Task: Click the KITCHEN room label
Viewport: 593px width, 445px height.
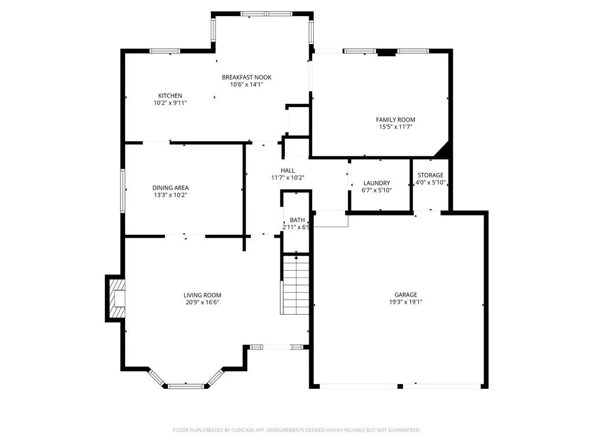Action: [170, 96]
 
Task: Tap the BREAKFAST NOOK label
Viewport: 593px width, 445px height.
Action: [247, 77]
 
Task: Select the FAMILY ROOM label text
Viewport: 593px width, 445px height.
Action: [395, 119]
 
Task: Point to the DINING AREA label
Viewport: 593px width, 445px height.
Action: [170, 188]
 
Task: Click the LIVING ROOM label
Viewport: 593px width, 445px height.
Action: [202, 295]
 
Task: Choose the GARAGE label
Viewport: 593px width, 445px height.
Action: [405, 294]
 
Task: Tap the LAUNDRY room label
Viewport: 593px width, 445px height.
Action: [376, 183]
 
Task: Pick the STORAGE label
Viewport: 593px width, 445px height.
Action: [430, 175]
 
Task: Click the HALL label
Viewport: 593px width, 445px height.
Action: [287, 171]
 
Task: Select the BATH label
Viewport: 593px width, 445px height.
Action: [297, 220]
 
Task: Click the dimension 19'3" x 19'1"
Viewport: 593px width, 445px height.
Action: [405, 302]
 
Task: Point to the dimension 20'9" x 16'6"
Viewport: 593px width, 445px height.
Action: [202, 302]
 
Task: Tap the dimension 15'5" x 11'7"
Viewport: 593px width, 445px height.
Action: [395, 127]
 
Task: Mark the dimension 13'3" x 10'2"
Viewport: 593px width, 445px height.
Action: [170, 195]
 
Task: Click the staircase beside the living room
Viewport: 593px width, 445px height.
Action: [295, 284]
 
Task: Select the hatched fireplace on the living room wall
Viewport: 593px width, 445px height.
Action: [117, 298]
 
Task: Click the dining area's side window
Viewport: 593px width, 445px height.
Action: [123, 191]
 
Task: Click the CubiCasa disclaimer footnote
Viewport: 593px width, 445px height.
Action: [296, 431]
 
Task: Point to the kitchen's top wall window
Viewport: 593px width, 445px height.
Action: [164, 51]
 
